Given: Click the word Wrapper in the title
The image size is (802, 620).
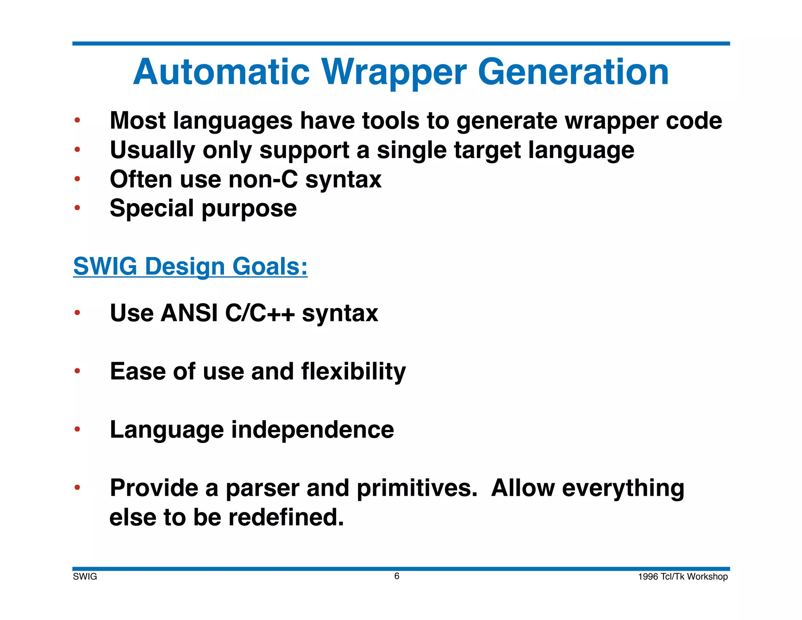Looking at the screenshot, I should coord(394,73).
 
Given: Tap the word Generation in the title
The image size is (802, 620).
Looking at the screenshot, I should coord(573,73).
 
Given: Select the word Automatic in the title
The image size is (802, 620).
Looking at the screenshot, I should coord(222,73).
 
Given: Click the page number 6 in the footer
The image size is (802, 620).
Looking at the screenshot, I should coord(397,576).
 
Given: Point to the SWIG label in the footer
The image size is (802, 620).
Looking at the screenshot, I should coord(85,576).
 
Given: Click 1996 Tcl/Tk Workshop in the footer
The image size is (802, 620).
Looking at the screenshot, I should coord(683,576).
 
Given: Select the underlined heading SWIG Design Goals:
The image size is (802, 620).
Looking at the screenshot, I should coord(190,266).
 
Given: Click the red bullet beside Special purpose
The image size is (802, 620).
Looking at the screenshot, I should coord(78,208).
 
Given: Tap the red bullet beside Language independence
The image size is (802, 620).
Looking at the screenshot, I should coord(78,430).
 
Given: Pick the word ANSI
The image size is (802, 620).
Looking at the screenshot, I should coord(189,313).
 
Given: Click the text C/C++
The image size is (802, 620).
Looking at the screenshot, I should coord(260,313).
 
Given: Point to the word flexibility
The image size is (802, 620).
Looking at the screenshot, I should coord(353,372).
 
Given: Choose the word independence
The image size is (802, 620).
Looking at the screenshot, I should coord(312,430).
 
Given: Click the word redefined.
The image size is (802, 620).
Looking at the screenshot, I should coord(286,517).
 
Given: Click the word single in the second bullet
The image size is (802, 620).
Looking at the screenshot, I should coord(412,150).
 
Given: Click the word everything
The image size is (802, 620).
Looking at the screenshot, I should coord(623,488).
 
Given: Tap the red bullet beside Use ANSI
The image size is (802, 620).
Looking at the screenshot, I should coord(78,313).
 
